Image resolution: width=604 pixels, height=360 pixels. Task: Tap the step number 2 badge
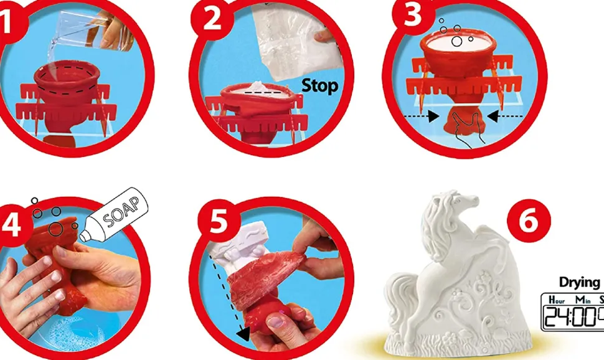click(212, 19)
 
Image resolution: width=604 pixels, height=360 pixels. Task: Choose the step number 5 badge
click(219, 222)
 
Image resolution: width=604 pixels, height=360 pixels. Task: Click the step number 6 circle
click(529, 221)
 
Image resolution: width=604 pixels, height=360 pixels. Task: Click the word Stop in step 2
click(319, 85)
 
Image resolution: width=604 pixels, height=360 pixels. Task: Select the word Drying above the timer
click(579, 283)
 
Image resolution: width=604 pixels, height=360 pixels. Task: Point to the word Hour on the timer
click(557, 299)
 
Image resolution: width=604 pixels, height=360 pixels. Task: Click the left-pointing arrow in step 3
click(504, 116)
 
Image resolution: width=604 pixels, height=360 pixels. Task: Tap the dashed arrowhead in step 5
click(243, 333)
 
